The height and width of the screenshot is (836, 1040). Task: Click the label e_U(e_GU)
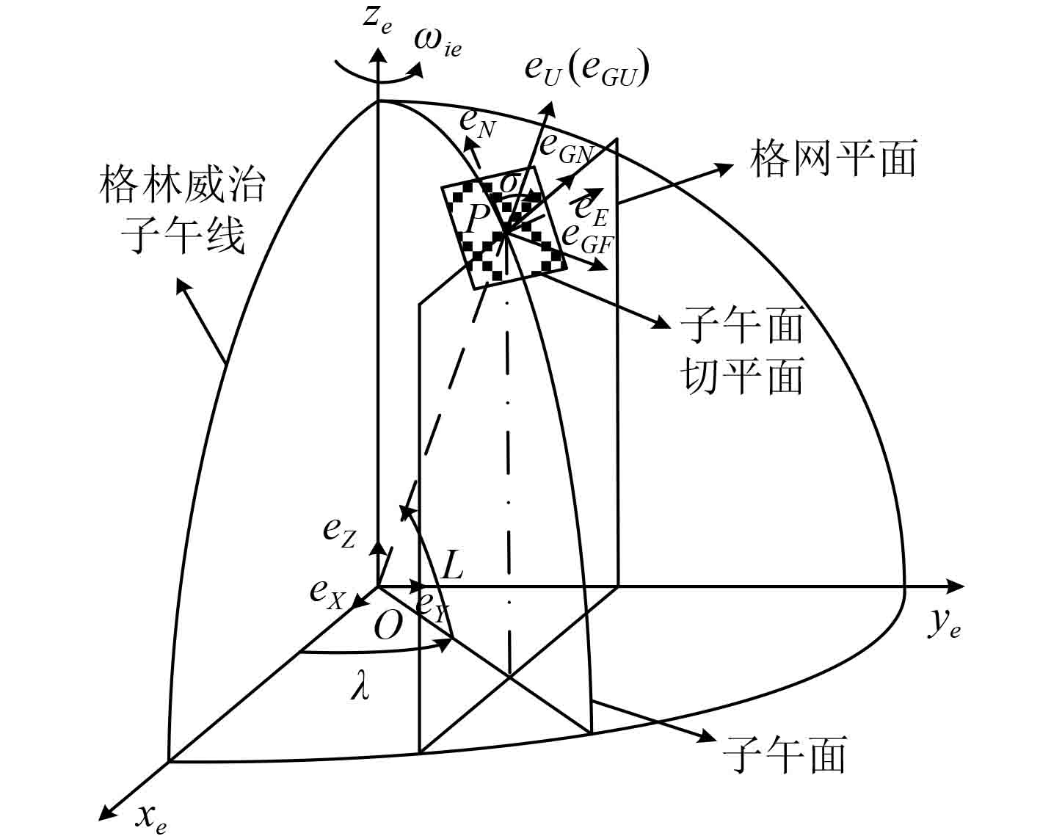pos(586,70)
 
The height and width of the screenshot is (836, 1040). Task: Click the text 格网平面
pos(833,159)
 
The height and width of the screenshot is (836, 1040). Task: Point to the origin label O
pos(388,626)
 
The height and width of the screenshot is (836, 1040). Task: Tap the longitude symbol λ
pos(360,688)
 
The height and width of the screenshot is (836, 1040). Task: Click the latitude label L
pos(453,565)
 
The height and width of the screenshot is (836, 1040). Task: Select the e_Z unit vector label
pos(339,533)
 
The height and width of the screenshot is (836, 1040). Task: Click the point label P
pos(478,217)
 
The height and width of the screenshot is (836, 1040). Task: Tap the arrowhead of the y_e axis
pos(956,586)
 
